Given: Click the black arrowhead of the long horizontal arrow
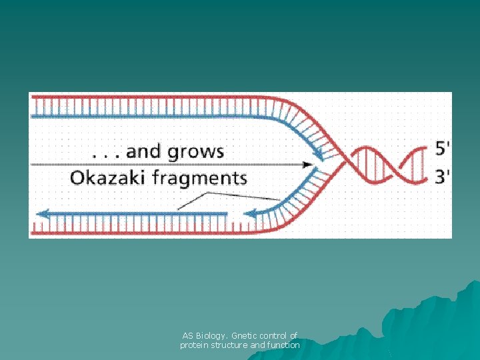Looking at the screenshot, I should (x=308, y=164).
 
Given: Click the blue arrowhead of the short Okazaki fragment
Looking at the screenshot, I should (x=250, y=214).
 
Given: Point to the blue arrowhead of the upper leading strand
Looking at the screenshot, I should (x=319, y=155).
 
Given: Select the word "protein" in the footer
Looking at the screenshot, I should (x=193, y=345).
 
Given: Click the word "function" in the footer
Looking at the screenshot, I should (x=283, y=345).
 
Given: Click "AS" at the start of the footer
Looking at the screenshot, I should (x=187, y=336).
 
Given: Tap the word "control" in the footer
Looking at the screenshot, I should (x=274, y=336).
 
